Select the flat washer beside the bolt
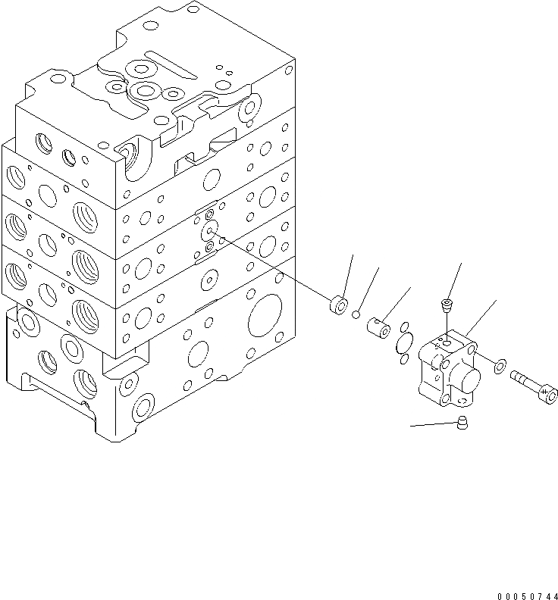(500, 367)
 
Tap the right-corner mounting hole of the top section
(248, 111)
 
